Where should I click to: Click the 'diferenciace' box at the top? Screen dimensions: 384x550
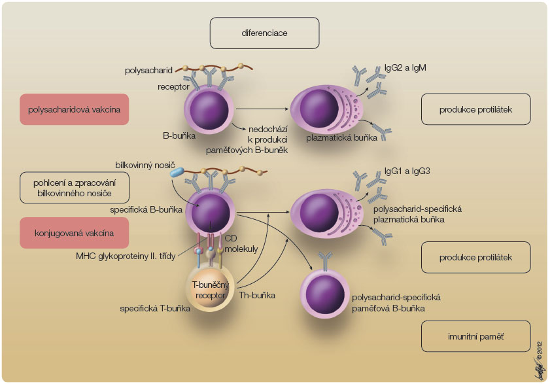(264, 33)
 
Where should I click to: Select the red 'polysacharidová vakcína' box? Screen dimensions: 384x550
(75, 109)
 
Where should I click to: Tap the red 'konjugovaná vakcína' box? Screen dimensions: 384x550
(75, 232)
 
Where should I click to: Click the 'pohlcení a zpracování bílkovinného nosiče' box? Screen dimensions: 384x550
(75, 188)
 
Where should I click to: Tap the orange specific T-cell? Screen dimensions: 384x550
(209, 288)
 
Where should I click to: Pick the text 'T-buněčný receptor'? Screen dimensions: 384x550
(209, 289)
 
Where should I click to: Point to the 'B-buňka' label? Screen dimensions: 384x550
(179, 137)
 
